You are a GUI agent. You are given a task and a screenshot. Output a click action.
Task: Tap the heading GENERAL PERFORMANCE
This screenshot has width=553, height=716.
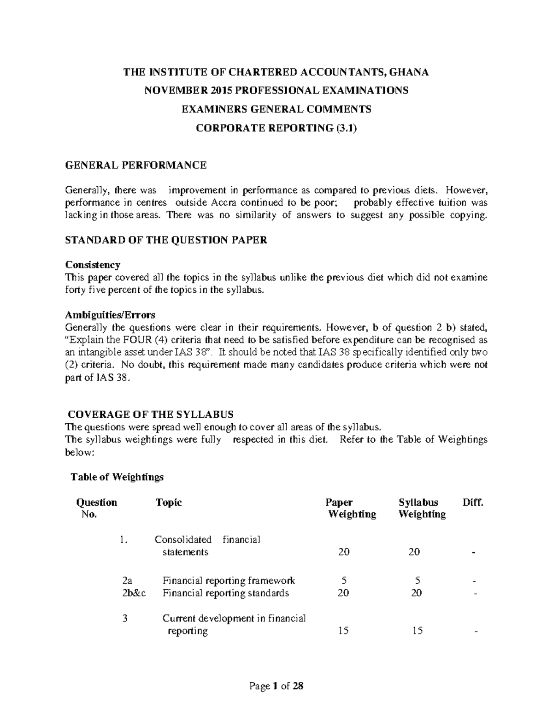pos(135,165)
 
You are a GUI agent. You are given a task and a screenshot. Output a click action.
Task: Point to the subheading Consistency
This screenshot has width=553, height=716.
pos(93,265)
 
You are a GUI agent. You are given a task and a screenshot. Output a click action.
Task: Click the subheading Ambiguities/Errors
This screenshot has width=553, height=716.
pos(110,315)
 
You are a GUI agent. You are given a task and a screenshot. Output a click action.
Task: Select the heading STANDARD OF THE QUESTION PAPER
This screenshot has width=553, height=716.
pos(166,240)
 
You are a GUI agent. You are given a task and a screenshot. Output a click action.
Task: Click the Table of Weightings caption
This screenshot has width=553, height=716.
pos(117,477)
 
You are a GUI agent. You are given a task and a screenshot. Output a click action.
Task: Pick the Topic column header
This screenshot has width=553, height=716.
pos(169,503)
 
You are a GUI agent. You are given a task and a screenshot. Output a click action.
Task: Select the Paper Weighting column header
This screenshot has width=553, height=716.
pos(352,508)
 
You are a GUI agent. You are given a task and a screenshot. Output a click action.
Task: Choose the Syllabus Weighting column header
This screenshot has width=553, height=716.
pos(422,508)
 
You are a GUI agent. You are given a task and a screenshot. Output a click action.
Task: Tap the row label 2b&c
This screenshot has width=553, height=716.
pos(134,593)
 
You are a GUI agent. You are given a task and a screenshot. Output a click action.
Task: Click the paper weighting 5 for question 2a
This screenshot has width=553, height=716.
pos(344,581)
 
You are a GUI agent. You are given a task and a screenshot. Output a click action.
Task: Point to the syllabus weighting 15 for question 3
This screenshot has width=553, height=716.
pos(417,631)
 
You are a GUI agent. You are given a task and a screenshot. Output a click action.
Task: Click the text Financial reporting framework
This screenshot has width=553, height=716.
pos(229,581)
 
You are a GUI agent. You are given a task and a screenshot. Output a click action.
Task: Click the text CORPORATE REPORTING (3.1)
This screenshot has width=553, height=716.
pos(276,128)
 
